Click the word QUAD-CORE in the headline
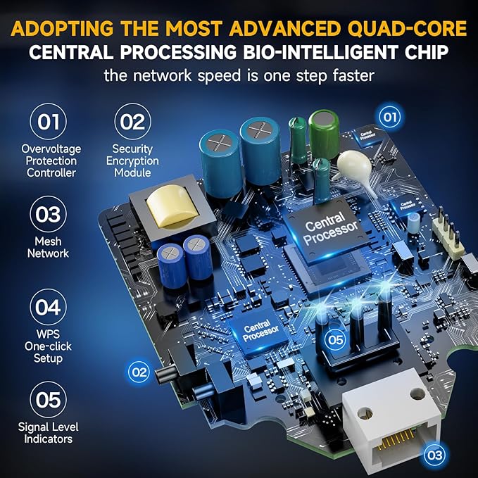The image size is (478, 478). [408, 29]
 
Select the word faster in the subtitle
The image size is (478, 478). [353, 75]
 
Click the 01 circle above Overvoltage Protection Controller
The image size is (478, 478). [48, 121]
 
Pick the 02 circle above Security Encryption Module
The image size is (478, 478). [132, 121]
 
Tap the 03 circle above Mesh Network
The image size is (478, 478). [48, 214]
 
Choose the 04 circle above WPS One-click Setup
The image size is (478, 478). [48, 307]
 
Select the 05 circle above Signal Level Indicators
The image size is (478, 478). [48, 400]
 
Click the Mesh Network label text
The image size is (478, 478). [48, 247]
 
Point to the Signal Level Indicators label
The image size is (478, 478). [48, 433]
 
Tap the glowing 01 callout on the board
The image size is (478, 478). [390, 117]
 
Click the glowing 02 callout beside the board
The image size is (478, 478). [139, 372]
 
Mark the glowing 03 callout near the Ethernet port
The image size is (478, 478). [435, 455]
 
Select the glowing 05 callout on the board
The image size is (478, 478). [336, 339]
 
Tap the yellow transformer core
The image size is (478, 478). [168, 206]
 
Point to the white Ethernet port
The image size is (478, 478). [391, 421]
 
